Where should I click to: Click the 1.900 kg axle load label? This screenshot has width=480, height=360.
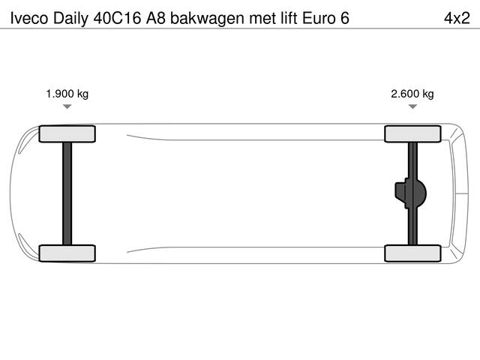point(67,94)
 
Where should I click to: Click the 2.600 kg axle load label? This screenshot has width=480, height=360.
point(412,94)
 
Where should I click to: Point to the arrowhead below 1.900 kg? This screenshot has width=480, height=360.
point(67,107)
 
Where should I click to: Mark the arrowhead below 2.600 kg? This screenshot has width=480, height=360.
point(412,107)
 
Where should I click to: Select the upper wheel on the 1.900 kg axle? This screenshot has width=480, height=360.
point(67,134)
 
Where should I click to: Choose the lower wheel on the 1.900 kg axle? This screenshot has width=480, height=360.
point(67,253)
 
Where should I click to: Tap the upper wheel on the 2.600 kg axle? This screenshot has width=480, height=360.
point(412,134)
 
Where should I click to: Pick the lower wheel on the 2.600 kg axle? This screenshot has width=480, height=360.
point(412,253)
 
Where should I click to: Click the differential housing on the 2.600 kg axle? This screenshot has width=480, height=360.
point(410,193)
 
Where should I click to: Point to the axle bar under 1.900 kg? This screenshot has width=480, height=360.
point(67,193)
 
